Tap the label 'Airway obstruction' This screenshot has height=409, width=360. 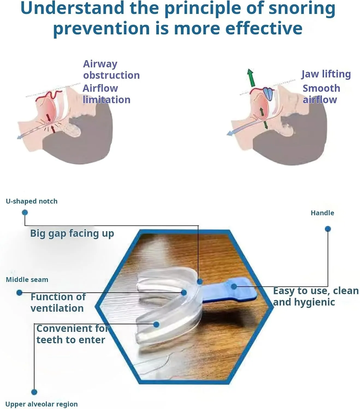point(111,70)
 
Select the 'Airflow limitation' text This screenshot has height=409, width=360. point(106,94)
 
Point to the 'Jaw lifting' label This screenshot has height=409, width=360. point(326,74)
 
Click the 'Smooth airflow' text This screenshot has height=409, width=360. point(321,94)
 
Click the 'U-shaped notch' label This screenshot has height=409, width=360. point(32,201)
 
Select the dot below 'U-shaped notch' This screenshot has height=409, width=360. point(25,212)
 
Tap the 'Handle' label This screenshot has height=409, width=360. point(322,213)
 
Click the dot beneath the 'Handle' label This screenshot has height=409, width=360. point(328,229)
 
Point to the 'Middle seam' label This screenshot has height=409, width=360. point(27,279)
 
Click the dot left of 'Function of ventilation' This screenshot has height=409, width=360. point(19,293)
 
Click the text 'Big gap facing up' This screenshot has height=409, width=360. point(72,233)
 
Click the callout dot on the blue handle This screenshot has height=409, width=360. point(234,286)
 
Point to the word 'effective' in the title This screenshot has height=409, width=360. point(264,28)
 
